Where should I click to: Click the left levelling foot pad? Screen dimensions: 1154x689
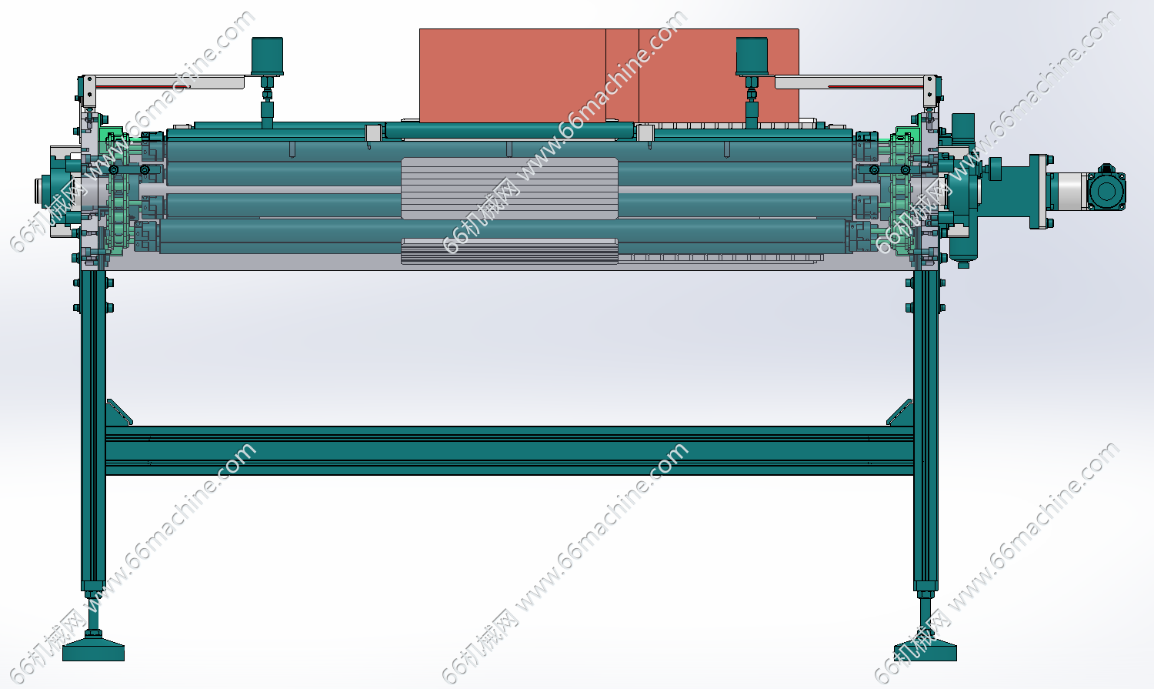[93, 651]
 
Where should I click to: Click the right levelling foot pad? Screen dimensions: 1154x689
[926, 651]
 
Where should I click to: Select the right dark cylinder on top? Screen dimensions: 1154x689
[752, 55]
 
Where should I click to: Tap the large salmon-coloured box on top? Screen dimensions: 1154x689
[609, 75]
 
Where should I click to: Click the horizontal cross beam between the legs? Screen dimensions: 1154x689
[509, 450]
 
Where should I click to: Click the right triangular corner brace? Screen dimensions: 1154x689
[901, 413]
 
